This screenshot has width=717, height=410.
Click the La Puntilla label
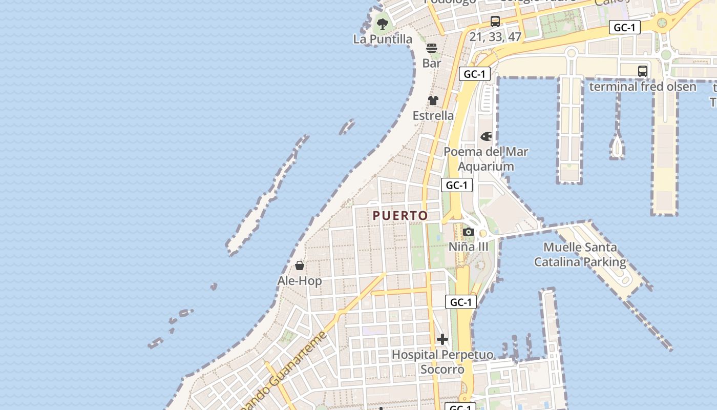click(x=383, y=39)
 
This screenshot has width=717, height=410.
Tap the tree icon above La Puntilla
click(x=383, y=24)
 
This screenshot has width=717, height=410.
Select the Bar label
click(x=432, y=63)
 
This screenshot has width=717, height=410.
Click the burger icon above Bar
click(x=432, y=48)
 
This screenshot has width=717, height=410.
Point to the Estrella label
click(x=433, y=115)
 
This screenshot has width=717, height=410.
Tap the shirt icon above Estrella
click(x=433, y=100)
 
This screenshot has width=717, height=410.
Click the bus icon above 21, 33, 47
click(x=495, y=22)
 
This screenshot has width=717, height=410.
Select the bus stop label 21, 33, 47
click(x=495, y=37)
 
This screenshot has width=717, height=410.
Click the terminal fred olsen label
click(x=642, y=86)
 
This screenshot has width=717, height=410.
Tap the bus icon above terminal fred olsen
click(x=642, y=71)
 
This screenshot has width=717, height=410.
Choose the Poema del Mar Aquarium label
click(x=486, y=159)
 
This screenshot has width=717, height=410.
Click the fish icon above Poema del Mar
click(x=486, y=137)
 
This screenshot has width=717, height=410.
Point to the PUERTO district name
click(x=400, y=216)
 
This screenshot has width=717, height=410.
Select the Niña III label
click(x=468, y=247)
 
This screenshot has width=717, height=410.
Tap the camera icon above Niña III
click(x=468, y=232)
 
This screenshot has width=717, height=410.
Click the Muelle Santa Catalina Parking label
click(x=580, y=255)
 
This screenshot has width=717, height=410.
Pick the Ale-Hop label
click(x=300, y=281)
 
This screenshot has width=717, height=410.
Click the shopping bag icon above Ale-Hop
click(x=300, y=265)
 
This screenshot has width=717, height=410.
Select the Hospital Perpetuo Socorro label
click(x=442, y=362)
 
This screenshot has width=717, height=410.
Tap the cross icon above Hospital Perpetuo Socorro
click(x=442, y=339)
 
